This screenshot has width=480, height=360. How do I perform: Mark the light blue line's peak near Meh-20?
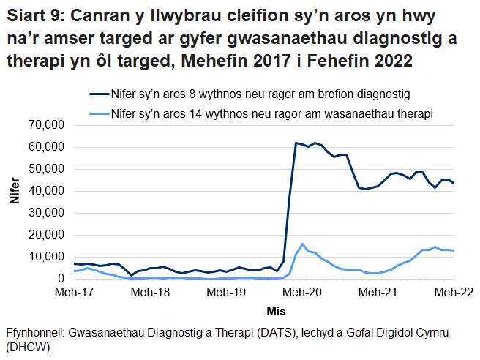302,244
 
